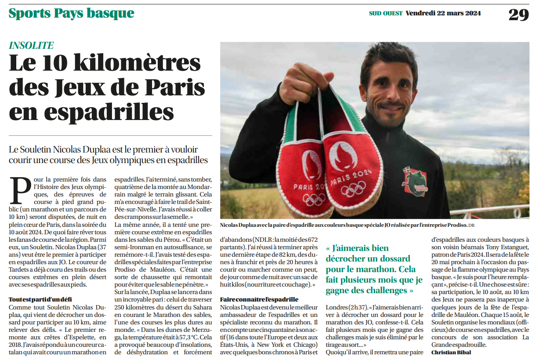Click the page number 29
tap(518, 15)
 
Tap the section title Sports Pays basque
tap(71, 13)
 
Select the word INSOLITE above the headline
tap(31, 45)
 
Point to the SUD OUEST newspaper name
tap(385, 13)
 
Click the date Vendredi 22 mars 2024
tap(443, 13)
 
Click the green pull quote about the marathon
tap(374, 269)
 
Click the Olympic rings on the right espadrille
tap(353, 189)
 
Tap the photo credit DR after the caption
tap(471, 225)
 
